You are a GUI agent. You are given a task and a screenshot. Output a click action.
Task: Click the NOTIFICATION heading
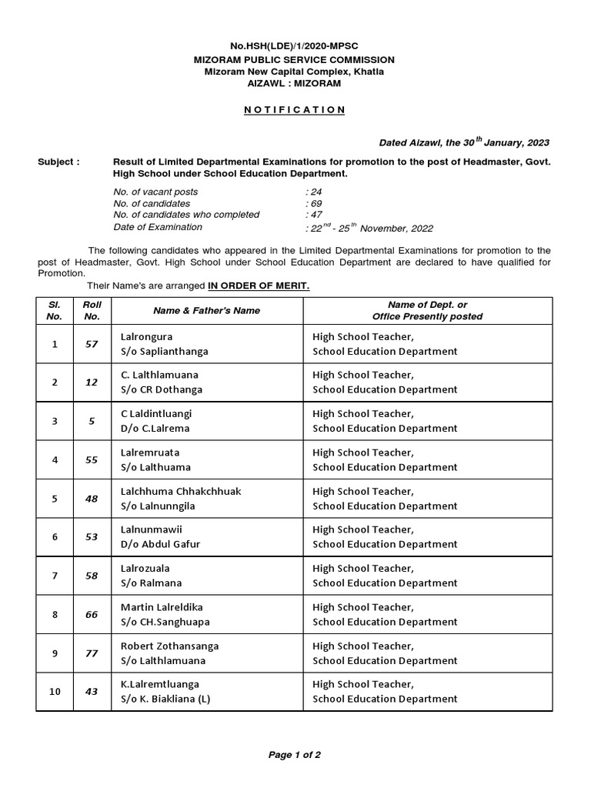[295, 110]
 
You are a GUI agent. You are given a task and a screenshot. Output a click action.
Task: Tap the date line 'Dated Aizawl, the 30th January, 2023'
[464, 142]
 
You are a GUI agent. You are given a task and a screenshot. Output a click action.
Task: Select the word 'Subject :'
[58, 162]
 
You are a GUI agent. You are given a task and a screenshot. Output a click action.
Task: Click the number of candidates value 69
[312, 203]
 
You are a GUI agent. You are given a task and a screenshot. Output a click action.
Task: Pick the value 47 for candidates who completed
[312, 215]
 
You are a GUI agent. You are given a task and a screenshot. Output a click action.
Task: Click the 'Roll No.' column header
[92, 310]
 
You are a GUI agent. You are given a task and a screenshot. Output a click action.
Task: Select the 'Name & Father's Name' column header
[206, 310]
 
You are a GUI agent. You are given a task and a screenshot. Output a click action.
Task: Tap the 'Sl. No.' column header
[55, 310]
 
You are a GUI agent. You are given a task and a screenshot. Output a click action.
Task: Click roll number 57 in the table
[92, 344]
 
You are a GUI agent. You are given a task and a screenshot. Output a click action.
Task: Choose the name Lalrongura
[146, 336]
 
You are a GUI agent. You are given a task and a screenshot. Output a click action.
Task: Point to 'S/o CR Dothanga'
[162, 389]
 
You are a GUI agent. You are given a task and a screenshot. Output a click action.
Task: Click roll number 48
[92, 499]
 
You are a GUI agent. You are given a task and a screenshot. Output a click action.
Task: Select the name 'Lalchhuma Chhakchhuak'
[181, 491]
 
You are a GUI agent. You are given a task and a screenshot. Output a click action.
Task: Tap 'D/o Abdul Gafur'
[160, 544]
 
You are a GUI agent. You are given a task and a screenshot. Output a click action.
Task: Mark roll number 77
[92, 653]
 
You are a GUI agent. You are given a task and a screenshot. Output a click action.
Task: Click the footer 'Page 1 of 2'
[295, 755]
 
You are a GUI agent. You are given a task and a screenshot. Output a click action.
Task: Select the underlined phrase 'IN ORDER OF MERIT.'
[259, 286]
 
